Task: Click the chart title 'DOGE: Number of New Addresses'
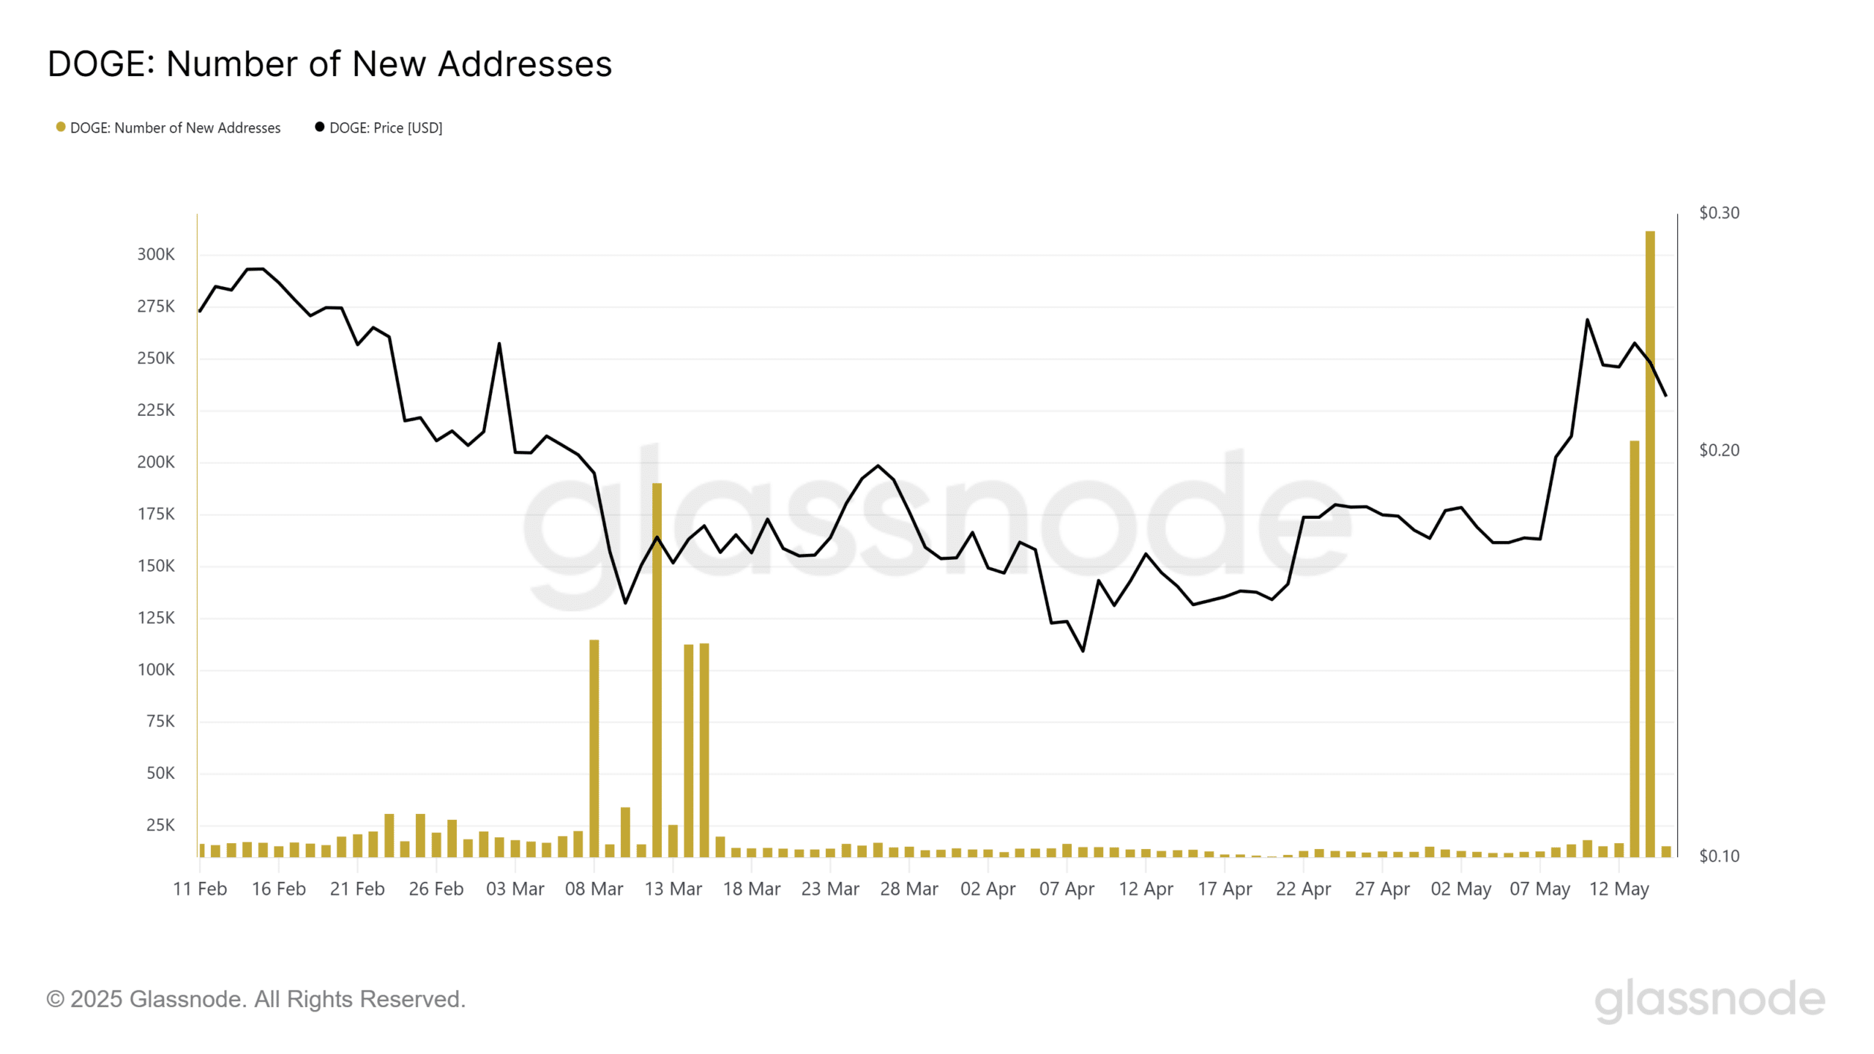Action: click(329, 64)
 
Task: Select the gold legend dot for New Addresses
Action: click(61, 127)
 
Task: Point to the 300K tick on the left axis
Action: click(156, 255)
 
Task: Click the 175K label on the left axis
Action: click(156, 515)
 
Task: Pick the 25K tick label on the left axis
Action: click(160, 826)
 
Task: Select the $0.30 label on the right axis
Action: click(1719, 213)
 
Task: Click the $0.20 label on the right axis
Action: click(1719, 450)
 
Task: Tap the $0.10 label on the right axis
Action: click(1719, 856)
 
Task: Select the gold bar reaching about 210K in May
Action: click(1634, 651)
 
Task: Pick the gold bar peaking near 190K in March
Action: click(657, 673)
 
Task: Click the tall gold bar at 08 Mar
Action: click(594, 747)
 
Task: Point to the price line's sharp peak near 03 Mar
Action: click(499, 344)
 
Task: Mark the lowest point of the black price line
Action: click(1083, 651)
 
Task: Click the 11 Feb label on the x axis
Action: click(200, 889)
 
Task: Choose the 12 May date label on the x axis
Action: click(1619, 889)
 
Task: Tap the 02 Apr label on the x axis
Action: click(988, 889)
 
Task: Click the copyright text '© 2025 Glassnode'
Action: click(255, 999)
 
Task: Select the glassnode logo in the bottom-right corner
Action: click(1709, 1000)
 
